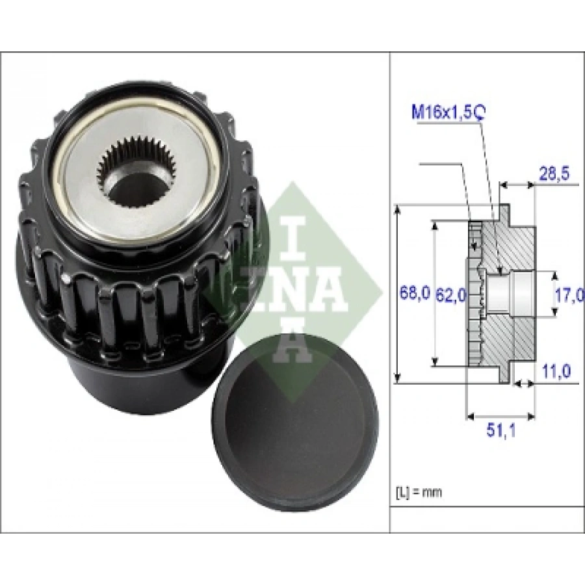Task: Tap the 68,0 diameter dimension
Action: [x=413, y=294]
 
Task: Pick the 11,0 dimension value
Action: [x=556, y=371]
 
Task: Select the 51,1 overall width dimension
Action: [x=500, y=431]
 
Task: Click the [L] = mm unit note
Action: [x=417, y=492]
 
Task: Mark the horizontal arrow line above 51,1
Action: [x=500, y=414]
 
